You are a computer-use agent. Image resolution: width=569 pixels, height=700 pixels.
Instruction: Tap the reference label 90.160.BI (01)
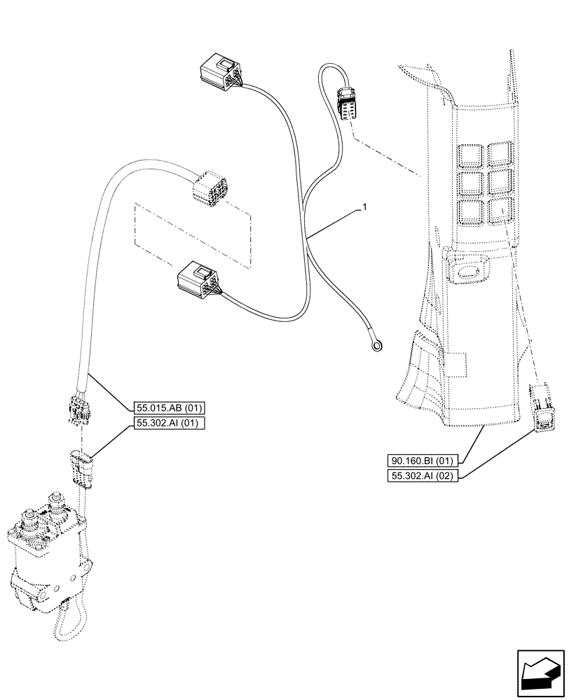point(422,461)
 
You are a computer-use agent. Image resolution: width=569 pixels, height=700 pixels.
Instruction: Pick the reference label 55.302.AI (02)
point(422,476)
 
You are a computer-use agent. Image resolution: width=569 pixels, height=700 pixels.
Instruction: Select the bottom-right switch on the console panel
point(499,209)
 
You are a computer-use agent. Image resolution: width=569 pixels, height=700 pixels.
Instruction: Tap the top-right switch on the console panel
point(499,154)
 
